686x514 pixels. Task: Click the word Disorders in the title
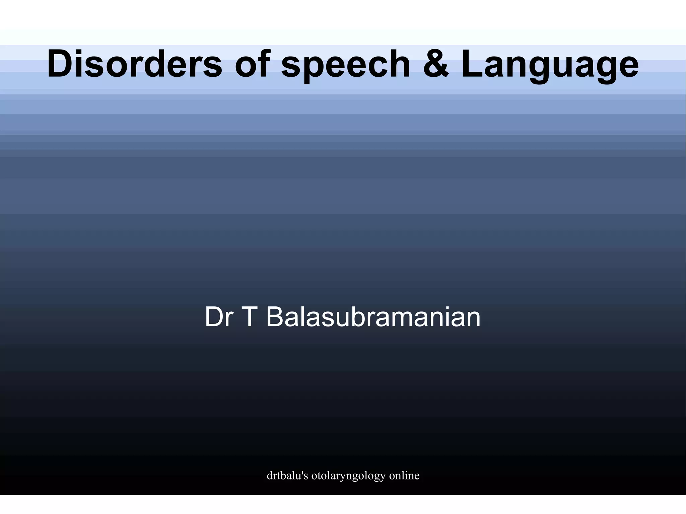[x=134, y=64]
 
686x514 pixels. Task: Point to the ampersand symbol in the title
[x=435, y=64]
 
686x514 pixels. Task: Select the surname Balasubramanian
[x=373, y=317]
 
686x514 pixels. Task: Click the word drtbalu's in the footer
[x=287, y=475]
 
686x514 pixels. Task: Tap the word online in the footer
[x=404, y=475]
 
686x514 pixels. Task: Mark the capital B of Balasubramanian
[x=275, y=317]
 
